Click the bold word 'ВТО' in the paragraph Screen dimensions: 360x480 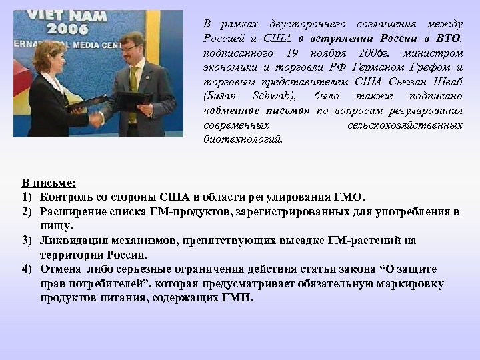pyautogui.click(x=447, y=37)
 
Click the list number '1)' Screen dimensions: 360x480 pyautogui.click(x=27, y=197)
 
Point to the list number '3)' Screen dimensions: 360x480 pyautogui.click(x=27, y=241)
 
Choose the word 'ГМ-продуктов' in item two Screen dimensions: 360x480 pyautogui.click(x=193, y=212)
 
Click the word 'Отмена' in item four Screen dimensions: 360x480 pyautogui.click(x=58, y=269)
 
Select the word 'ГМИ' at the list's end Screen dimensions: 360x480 pyautogui.click(x=237, y=298)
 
